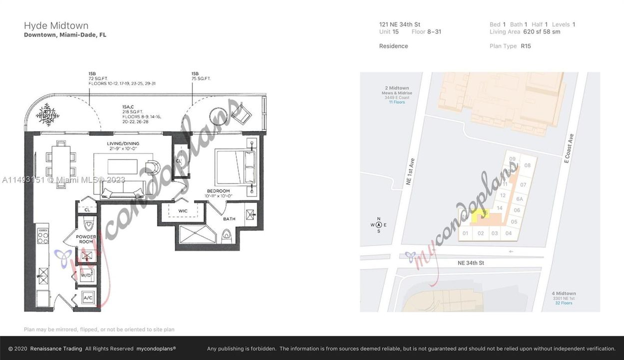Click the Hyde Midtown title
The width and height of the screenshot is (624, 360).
coord(56,26)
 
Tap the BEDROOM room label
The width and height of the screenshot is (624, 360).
coord(218,191)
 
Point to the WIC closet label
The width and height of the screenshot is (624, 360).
coord(183,211)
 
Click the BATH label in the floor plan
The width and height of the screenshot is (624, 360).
coord(229,218)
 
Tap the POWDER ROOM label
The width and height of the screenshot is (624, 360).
coord(85,239)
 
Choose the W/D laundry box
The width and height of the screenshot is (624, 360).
coord(86,275)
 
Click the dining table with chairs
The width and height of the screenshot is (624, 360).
coord(61,163)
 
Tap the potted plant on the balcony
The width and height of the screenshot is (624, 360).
coord(47,114)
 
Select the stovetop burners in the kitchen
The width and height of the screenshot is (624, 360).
coord(43,235)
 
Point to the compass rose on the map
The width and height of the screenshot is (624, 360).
coord(379,225)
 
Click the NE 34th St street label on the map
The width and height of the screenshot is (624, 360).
coord(471,262)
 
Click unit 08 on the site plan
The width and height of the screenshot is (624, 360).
coord(527,165)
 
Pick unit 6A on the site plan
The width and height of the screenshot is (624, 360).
coord(519,198)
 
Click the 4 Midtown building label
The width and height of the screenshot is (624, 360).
coord(564,293)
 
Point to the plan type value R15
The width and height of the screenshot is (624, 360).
coord(526,46)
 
